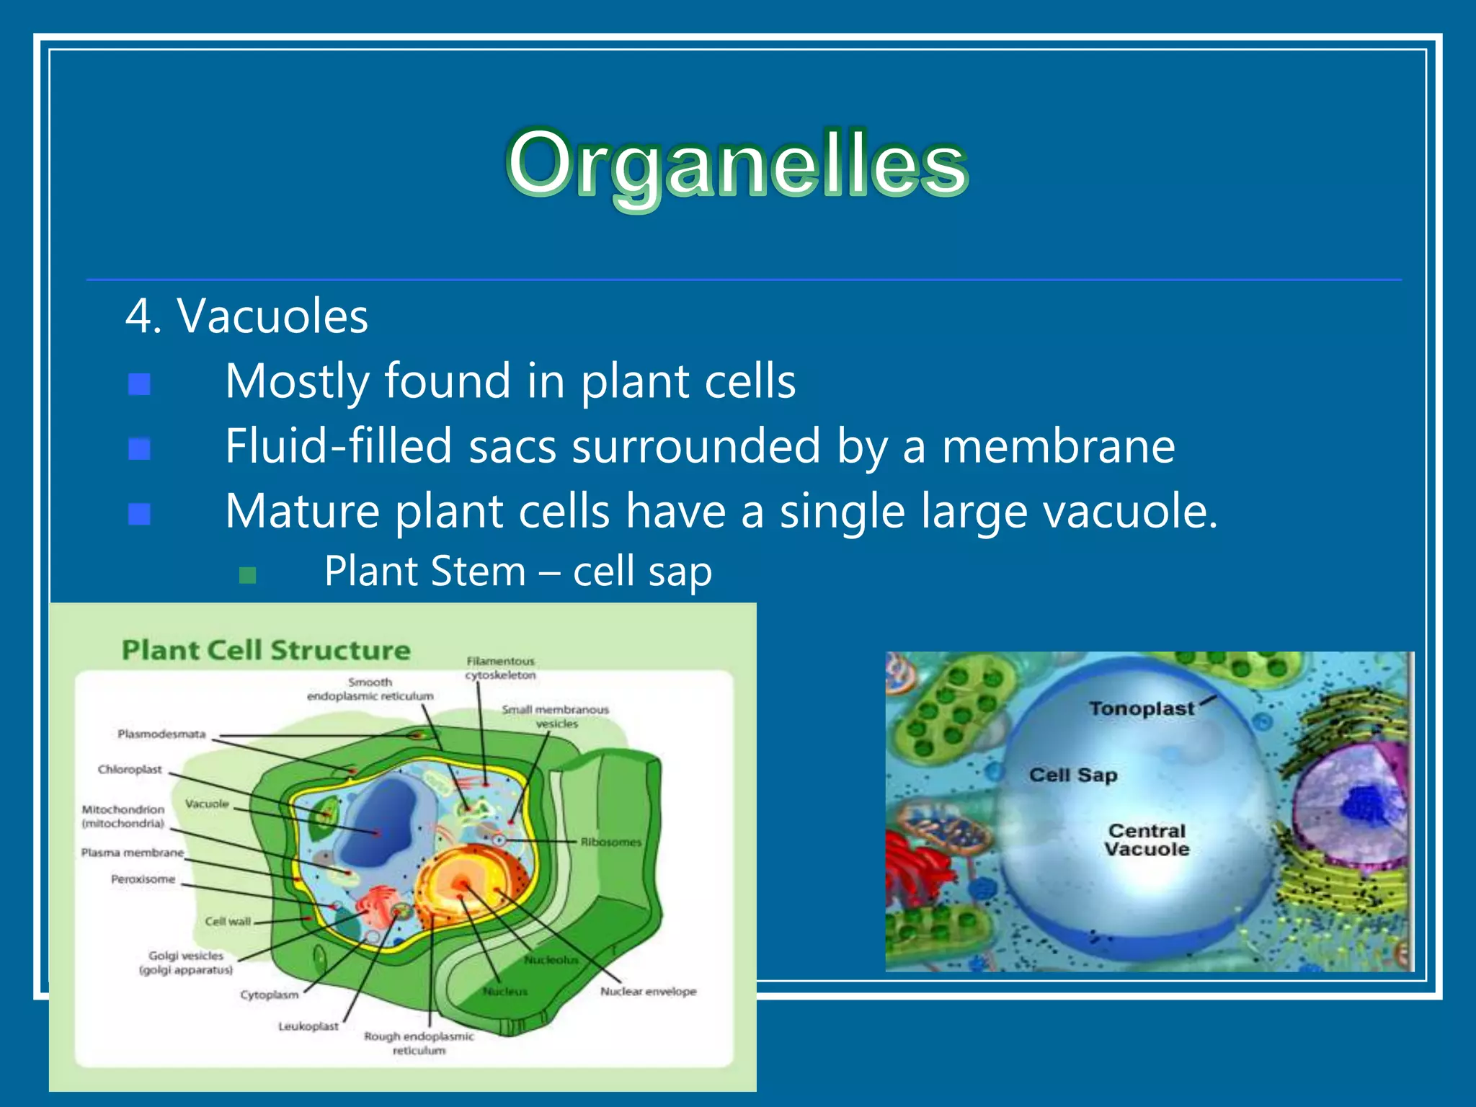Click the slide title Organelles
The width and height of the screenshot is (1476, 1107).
[x=737, y=164]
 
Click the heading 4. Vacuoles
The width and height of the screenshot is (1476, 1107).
[x=246, y=316]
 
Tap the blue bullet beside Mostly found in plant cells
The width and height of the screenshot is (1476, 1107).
[x=139, y=384]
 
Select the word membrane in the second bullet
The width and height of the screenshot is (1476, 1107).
[x=1058, y=446]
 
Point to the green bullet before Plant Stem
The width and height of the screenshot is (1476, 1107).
[x=247, y=575]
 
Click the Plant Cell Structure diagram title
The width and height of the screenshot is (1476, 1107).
[x=266, y=650]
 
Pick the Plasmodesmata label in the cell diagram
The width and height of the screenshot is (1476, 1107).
[x=161, y=734]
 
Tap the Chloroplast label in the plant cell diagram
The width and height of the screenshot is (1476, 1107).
[x=130, y=770]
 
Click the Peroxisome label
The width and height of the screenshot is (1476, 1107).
[x=143, y=879]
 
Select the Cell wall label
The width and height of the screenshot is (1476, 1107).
[x=228, y=921]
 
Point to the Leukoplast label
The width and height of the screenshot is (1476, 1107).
[x=308, y=1026]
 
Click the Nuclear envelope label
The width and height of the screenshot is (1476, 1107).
[x=648, y=992]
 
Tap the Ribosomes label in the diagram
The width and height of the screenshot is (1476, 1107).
[x=610, y=842]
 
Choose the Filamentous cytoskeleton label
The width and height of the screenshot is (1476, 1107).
[x=500, y=668]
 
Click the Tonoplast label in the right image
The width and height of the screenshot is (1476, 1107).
[x=1142, y=709]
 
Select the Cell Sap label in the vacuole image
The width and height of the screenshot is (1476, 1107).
[x=1073, y=775]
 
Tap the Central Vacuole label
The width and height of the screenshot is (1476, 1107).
[x=1147, y=840]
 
